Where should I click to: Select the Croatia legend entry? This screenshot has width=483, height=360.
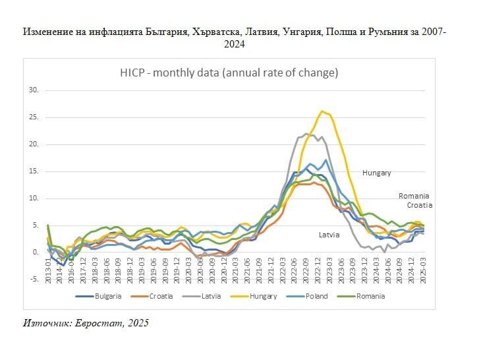160,296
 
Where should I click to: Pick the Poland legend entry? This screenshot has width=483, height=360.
316,296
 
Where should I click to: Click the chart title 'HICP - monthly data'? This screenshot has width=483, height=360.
229,73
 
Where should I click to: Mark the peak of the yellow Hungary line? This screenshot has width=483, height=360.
322,111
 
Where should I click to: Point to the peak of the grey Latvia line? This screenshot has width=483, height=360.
307,133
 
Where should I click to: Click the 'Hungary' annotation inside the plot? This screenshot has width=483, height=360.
376,173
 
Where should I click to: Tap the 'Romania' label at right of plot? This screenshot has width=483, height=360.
414,196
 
